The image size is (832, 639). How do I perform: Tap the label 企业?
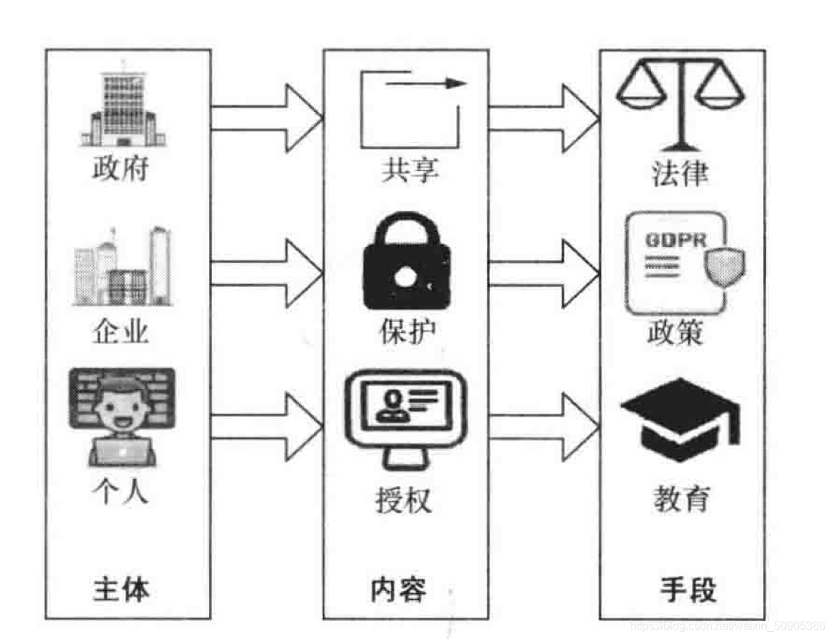click(x=121, y=332)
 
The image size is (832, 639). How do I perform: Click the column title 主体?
click(x=121, y=590)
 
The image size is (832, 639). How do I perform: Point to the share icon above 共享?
click(x=409, y=108)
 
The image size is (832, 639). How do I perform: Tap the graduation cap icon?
click(x=679, y=420)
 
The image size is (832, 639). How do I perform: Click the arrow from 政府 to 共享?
click(x=266, y=118)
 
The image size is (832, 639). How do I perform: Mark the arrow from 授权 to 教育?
click(x=543, y=427)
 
